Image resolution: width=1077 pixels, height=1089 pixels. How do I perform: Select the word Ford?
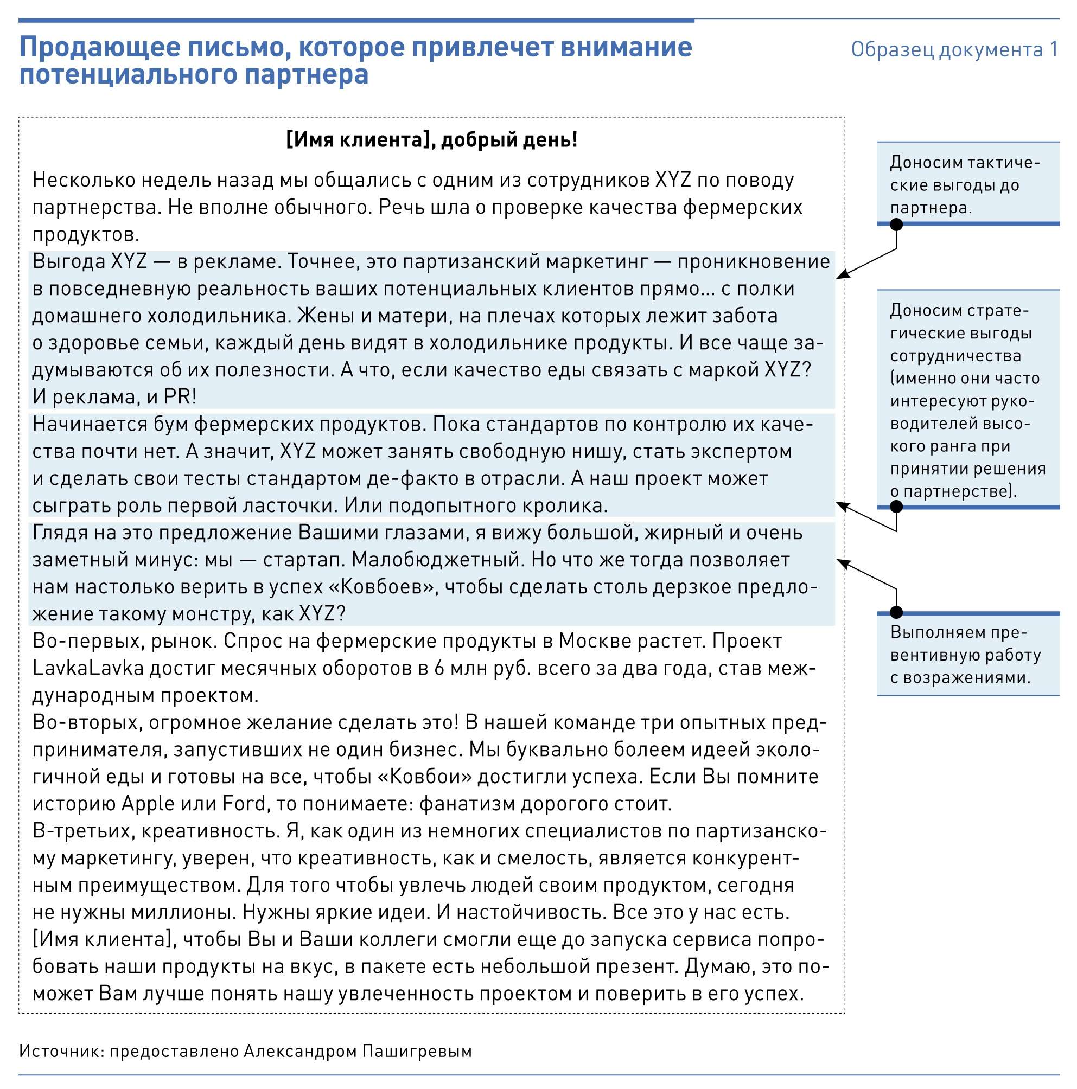244,804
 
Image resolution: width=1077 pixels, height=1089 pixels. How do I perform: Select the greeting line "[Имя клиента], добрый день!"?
432,140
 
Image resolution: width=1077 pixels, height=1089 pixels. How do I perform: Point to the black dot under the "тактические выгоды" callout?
896,225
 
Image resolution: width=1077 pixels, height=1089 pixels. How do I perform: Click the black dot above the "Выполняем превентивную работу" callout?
896,613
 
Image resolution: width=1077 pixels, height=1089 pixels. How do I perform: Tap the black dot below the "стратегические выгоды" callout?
896,507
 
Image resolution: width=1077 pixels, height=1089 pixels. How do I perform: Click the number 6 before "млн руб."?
439,669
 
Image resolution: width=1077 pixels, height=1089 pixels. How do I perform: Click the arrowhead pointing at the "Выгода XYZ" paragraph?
841,276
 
